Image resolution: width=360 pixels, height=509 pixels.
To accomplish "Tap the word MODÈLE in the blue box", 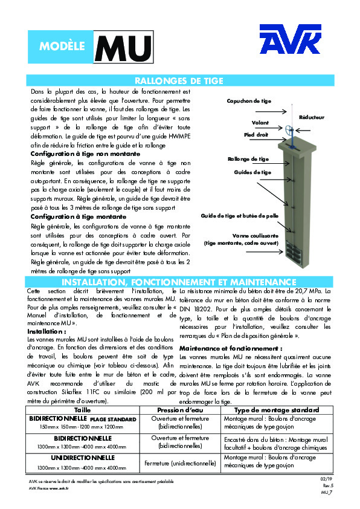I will click(62, 47).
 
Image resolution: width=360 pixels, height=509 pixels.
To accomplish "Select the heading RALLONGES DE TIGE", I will click(179, 80).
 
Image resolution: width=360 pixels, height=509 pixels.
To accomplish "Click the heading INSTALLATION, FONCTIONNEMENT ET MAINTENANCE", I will click(179, 282).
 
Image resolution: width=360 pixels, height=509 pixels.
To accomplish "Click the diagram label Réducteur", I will click(312, 117).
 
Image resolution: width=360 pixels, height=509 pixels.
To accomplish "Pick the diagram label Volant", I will click(260, 123).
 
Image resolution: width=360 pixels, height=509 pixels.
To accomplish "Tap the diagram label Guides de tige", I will click(252, 172).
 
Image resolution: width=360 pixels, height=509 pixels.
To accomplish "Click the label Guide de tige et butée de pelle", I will click(239, 215).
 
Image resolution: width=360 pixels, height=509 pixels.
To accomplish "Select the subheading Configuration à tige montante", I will click(79, 216).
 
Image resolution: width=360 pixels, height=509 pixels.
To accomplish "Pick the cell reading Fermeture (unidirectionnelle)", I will click(181, 464).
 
